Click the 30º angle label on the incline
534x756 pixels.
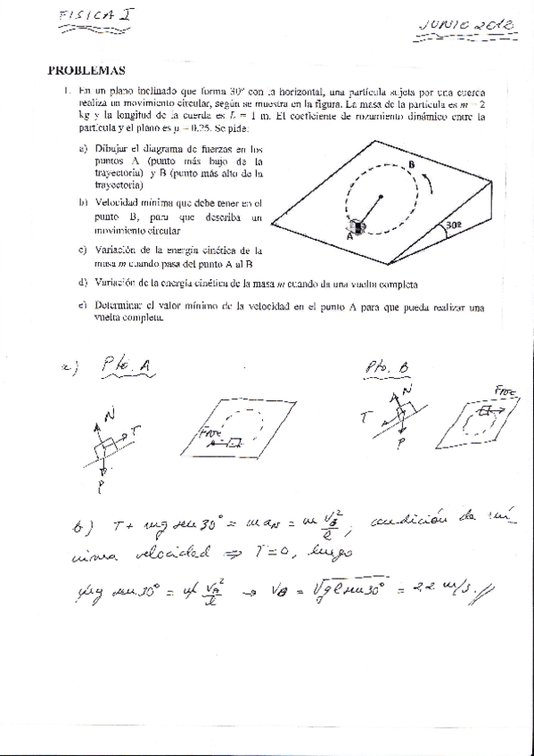coord(454,226)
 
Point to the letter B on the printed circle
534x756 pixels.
coord(411,165)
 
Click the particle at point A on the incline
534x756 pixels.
coord(357,227)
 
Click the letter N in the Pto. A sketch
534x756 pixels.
coord(111,415)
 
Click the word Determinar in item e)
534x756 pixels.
coord(116,307)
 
